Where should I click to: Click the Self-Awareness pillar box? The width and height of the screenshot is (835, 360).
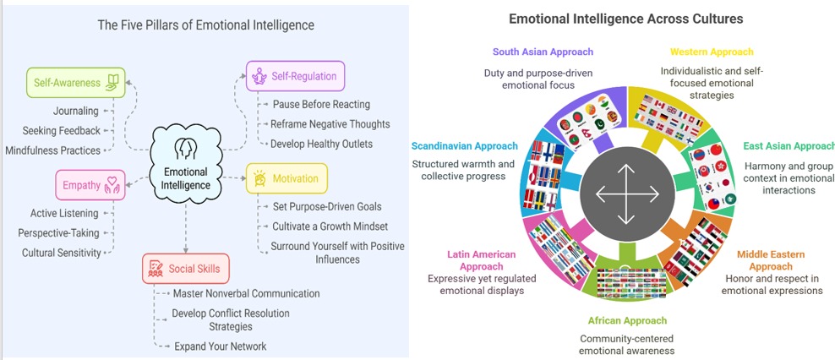[75, 83]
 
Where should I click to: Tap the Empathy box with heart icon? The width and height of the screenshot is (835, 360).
[90, 185]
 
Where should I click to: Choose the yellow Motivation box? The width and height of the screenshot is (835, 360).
[287, 179]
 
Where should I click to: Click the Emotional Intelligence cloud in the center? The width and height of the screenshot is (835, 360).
[185, 160]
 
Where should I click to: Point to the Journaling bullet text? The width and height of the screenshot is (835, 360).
[75, 111]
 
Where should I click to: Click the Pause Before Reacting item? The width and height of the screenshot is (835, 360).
[321, 104]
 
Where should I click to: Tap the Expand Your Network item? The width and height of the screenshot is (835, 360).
[220, 346]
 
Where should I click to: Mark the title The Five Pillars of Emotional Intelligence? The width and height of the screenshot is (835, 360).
[205, 25]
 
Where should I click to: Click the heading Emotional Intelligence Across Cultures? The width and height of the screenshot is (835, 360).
[625, 18]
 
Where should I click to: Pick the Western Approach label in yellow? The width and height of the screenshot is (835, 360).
[712, 52]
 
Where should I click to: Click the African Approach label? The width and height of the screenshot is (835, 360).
[627, 320]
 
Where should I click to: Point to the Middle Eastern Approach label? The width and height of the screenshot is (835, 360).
[771, 259]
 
